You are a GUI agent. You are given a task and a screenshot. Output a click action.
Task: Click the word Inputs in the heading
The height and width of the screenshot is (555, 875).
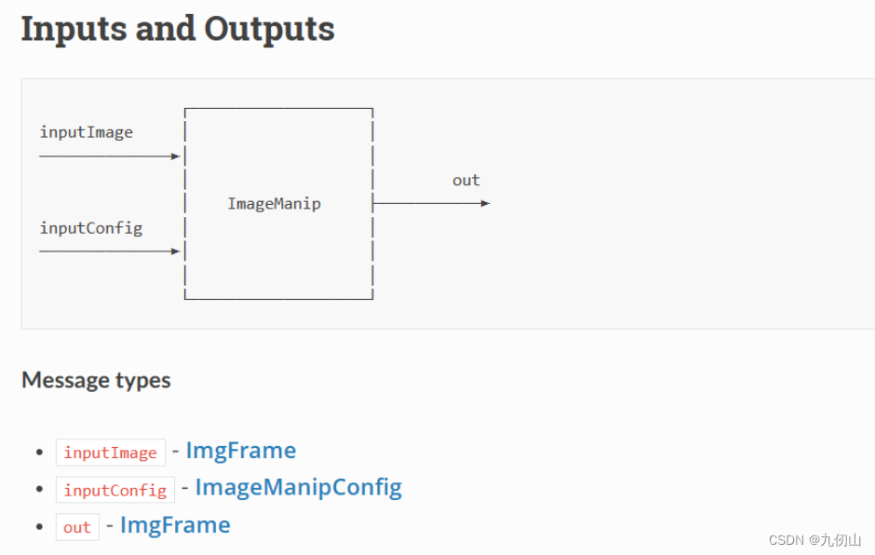(x=74, y=29)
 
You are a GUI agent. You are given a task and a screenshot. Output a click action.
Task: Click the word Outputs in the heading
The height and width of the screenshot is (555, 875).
(x=269, y=29)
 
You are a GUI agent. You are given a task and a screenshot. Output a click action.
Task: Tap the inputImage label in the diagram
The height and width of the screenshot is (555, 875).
(x=86, y=132)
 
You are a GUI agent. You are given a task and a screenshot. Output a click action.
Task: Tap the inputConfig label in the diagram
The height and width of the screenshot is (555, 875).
(x=90, y=227)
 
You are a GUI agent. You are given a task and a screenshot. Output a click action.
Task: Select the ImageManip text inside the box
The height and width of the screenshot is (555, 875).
(x=274, y=203)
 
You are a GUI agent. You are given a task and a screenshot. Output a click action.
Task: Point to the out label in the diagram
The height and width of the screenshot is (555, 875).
(x=465, y=181)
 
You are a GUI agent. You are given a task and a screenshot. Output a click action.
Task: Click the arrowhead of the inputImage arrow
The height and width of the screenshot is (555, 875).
(x=175, y=156)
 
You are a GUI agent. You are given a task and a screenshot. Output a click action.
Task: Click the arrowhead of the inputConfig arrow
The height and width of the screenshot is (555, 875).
(x=175, y=251)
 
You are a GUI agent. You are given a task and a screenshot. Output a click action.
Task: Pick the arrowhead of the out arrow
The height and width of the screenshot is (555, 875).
(x=485, y=203)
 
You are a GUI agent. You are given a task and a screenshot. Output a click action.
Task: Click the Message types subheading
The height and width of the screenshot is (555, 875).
(x=96, y=380)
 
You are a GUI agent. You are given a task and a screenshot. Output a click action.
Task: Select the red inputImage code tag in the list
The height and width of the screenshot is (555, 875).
(x=110, y=453)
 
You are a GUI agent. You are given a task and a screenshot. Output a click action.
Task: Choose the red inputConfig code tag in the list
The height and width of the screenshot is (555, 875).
(x=114, y=490)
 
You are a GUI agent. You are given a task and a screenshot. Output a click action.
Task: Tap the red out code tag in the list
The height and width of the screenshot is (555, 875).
(x=77, y=527)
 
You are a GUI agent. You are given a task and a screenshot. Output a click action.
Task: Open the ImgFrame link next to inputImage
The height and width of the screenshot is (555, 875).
(x=240, y=451)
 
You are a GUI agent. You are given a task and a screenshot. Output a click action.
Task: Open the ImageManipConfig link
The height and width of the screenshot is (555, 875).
(x=298, y=487)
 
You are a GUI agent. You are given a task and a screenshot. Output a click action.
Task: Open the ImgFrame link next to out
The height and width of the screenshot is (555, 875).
(x=175, y=525)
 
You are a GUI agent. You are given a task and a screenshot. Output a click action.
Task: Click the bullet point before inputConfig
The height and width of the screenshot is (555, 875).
(x=39, y=490)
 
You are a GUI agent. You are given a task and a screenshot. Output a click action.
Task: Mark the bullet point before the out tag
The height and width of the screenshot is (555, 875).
(x=39, y=527)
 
